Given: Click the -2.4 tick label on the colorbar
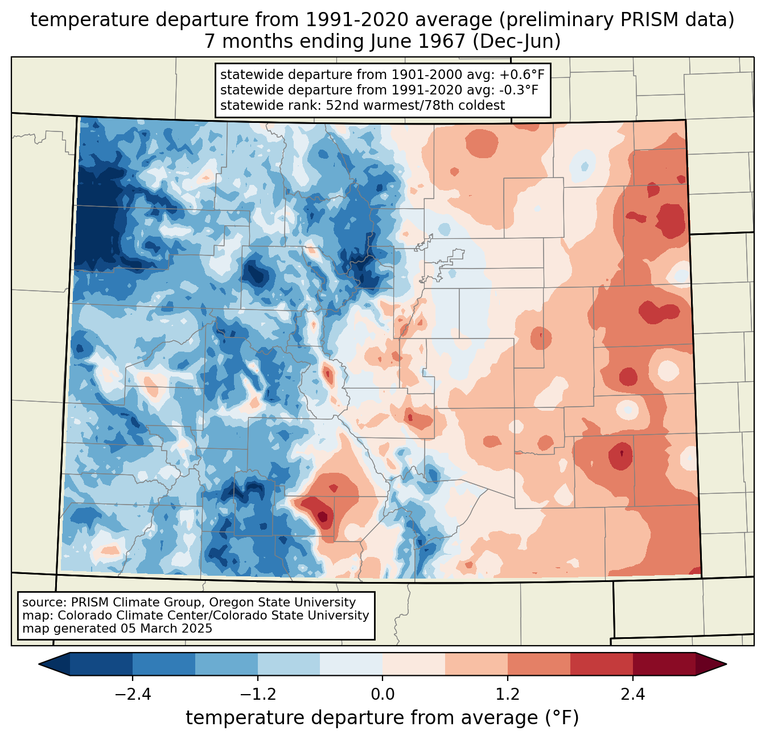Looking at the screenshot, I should [x=133, y=695].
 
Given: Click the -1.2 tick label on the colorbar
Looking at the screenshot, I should [x=258, y=695].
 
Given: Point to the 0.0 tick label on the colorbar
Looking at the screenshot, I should [x=382, y=695].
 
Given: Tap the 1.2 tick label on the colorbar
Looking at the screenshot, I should [x=508, y=695].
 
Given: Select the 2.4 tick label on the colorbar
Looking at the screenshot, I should [x=633, y=695].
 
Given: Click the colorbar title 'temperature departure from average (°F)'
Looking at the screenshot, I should [x=382, y=718].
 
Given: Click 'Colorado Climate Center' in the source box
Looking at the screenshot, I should [x=125, y=616].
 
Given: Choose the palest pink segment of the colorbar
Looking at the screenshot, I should [x=414, y=664].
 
